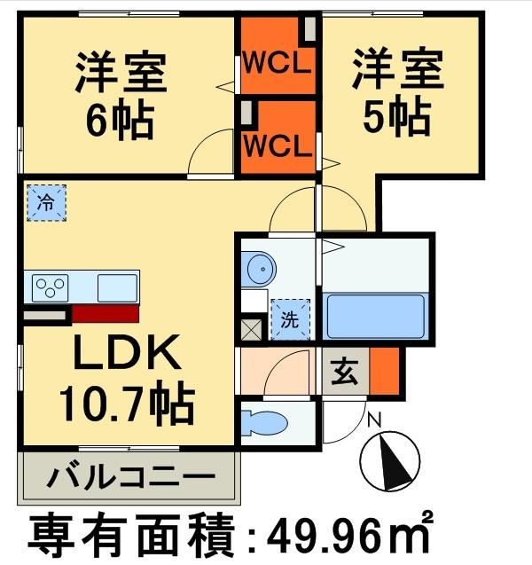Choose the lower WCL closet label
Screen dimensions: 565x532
click(278, 145)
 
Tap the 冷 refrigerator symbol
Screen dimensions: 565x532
click(45, 202)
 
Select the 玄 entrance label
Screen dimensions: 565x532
click(344, 373)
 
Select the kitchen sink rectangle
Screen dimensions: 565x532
click(116, 288)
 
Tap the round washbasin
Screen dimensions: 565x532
click(260, 267)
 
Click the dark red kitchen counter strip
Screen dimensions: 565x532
click(105, 313)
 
